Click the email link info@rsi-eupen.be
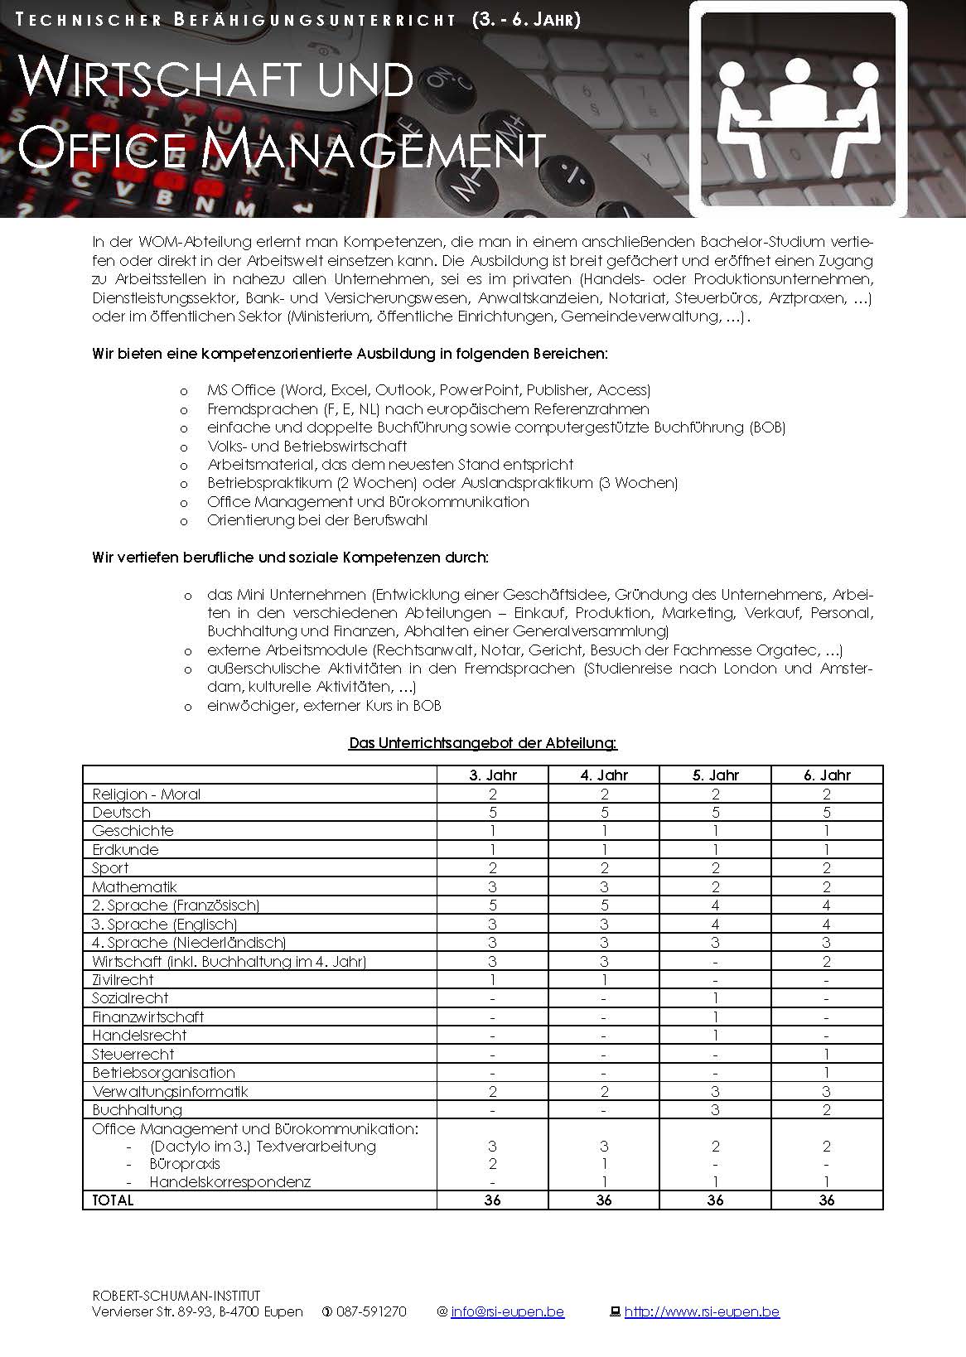click(507, 1311)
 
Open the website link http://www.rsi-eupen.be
click(702, 1311)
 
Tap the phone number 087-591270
click(371, 1311)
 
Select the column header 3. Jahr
click(492, 775)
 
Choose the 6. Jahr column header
click(827, 775)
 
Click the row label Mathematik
click(134, 886)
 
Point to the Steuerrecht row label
click(133, 1054)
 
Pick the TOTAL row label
click(113, 1200)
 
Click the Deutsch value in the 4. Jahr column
click(604, 813)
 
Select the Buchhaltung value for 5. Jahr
click(715, 1109)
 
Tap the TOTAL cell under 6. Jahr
click(827, 1200)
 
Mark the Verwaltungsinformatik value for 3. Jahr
click(492, 1091)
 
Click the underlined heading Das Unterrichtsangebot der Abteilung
click(483, 743)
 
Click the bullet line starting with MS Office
click(428, 389)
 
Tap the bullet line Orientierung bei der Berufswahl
click(317, 520)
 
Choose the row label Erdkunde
click(125, 849)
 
